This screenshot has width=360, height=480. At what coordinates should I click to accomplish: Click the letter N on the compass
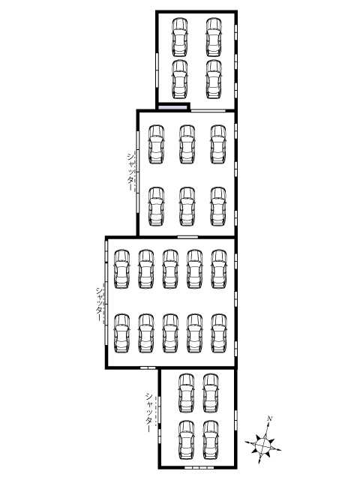tap(270, 418)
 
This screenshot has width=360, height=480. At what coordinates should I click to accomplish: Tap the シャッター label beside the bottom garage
tap(149, 412)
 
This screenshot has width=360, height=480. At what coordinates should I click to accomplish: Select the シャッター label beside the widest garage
tap(99, 304)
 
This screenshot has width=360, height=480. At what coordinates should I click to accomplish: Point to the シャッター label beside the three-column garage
tap(130, 172)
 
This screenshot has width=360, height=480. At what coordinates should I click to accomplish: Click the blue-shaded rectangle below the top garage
tap(172, 107)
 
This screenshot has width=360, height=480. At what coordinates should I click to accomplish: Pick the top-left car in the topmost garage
tap(180, 37)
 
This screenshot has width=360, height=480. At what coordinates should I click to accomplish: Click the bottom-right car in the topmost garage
tap(214, 79)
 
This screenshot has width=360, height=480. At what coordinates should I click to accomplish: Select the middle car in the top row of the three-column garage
tap(187, 144)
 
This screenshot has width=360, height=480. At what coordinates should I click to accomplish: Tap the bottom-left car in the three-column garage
tap(156, 207)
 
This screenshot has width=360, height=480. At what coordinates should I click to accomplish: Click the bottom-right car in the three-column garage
tap(218, 207)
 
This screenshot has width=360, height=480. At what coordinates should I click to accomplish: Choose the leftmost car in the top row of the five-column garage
tap(121, 269)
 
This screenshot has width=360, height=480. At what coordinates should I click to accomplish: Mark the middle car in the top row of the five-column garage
tap(170, 269)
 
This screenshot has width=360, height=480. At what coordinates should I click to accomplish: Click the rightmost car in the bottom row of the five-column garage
tap(219, 333)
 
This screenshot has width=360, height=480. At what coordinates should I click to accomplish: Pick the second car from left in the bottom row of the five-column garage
tap(146, 333)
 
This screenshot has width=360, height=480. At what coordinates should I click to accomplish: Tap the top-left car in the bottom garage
tap(187, 393)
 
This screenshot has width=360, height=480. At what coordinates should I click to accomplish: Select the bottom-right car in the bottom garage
tap(211, 440)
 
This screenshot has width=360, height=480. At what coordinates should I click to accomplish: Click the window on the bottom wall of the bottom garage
tap(199, 468)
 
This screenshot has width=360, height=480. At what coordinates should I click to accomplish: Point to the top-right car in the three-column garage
tap(218, 144)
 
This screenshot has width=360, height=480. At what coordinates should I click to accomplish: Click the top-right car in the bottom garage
tap(211, 393)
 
